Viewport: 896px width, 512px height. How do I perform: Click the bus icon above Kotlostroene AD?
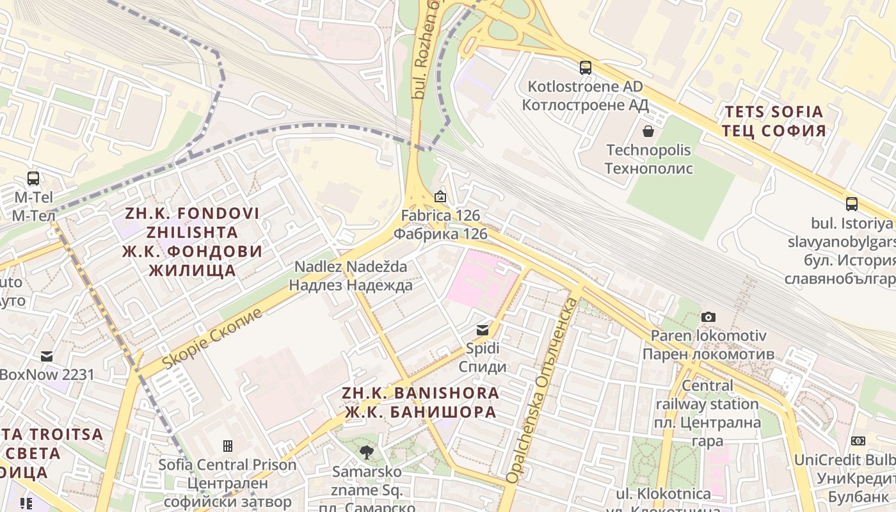[585, 67]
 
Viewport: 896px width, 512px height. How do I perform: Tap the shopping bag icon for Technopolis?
[648, 131]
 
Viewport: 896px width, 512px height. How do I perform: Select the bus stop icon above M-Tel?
[33, 179]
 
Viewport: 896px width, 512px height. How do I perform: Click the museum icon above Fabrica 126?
[440, 197]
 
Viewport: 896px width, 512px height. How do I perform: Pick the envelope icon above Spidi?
[482, 330]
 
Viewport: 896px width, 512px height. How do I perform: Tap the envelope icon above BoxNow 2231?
[47, 356]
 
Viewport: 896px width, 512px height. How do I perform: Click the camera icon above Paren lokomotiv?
[708, 317]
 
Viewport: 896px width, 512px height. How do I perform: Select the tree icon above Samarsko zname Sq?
[366, 452]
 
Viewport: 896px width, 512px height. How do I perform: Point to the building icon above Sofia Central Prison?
[227, 445]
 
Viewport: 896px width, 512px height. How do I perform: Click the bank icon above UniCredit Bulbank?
[858, 441]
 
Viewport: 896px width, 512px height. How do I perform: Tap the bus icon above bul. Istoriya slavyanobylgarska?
[851, 204]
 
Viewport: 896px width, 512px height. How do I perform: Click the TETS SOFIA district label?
[774, 122]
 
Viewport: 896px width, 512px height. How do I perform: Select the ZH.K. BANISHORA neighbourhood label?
[420, 402]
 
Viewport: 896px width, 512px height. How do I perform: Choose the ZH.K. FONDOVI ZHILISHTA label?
[192, 241]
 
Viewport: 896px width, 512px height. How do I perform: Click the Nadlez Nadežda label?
[351, 275]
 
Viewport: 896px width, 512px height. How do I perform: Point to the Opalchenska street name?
[540, 392]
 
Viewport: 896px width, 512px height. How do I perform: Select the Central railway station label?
[707, 413]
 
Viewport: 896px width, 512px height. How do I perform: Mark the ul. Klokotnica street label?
[663, 495]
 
